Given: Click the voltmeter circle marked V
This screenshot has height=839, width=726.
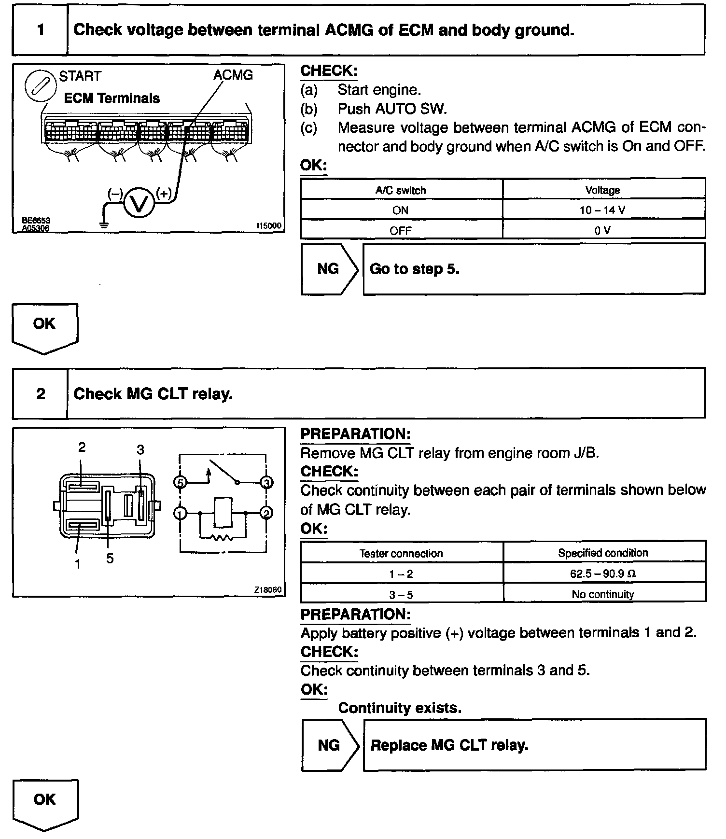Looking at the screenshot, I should (x=140, y=203).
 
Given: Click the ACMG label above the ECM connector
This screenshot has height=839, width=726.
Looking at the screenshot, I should (x=233, y=75).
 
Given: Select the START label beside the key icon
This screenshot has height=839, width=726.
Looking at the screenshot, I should (x=80, y=76).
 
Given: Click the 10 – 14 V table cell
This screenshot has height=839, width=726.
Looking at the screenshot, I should (x=603, y=210).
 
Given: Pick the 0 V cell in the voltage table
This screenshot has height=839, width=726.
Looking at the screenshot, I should (x=603, y=230).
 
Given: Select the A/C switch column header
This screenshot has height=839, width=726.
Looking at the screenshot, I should (x=401, y=190).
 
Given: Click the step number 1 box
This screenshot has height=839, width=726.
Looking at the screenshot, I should (x=41, y=30).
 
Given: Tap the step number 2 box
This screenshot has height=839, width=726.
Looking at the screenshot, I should (x=41, y=394).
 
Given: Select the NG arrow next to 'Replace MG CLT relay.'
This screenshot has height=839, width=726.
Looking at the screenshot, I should (x=331, y=745).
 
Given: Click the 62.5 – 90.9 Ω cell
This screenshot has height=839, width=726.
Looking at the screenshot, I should (x=603, y=573).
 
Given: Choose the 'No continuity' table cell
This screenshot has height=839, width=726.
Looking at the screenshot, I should (x=603, y=594).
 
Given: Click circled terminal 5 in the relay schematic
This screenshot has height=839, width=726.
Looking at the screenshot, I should (x=180, y=482).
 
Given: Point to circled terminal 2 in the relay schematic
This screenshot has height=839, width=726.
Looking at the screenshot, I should (x=266, y=513).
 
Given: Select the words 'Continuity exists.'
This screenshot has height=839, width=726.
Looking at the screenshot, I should (x=400, y=708).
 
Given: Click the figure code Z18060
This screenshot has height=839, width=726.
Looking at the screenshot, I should (x=267, y=590).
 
